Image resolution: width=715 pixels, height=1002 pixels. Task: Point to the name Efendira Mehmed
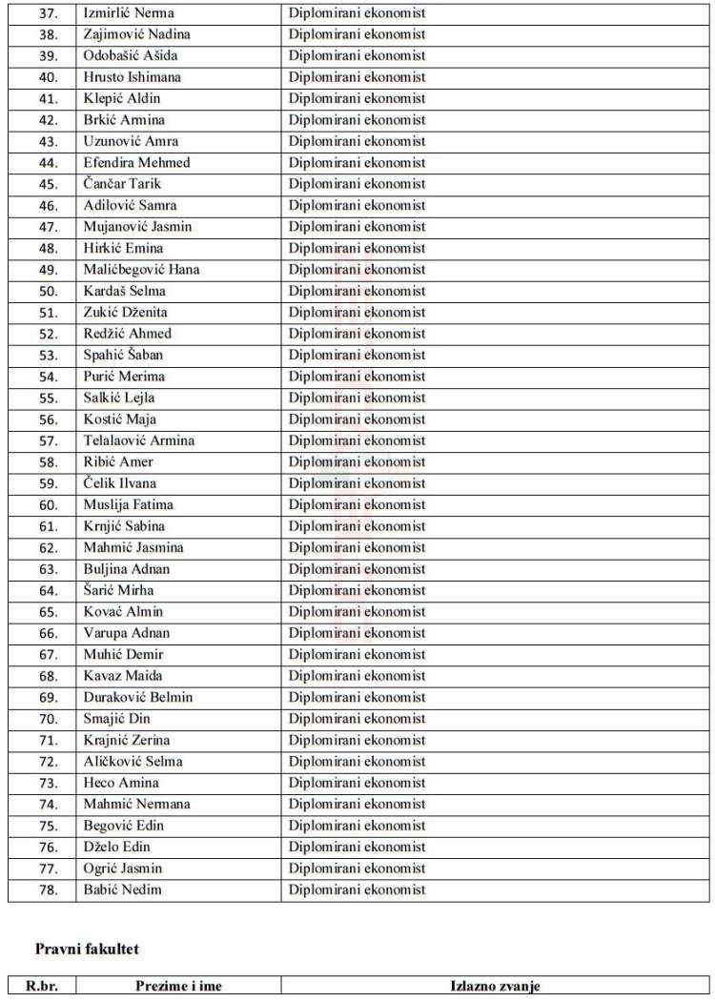[x=136, y=163]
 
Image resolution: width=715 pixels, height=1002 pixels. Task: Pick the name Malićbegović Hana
[x=141, y=270]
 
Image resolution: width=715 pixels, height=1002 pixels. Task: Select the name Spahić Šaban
[x=123, y=355]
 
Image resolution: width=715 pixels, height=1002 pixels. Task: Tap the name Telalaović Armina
[x=139, y=440]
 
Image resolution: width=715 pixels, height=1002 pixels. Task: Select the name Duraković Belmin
[x=137, y=697]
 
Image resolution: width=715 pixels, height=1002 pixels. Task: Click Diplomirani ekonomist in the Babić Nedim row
[x=357, y=890]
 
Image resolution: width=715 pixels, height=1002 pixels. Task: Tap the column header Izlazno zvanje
[x=495, y=987]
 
